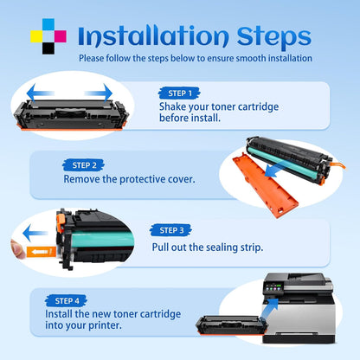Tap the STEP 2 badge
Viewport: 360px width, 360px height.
click(84, 164)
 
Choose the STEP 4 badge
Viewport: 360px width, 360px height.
click(68, 301)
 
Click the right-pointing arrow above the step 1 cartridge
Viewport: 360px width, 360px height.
click(99, 92)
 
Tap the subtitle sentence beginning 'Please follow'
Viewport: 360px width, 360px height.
click(195, 58)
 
